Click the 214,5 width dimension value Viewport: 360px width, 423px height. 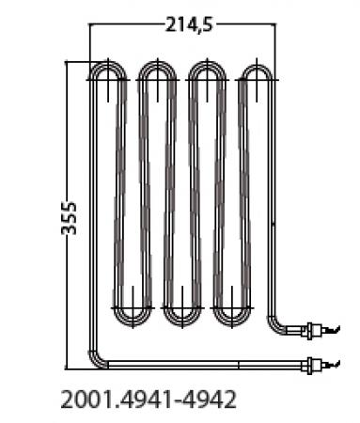click(x=183, y=25)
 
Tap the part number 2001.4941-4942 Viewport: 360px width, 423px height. click(x=148, y=398)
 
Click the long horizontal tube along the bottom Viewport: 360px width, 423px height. click(x=197, y=363)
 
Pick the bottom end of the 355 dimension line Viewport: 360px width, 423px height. click(x=67, y=367)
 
